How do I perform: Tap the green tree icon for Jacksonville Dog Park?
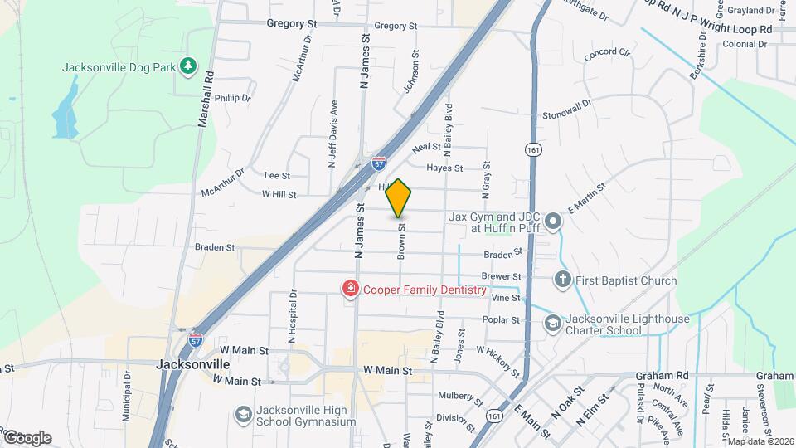(189, 65)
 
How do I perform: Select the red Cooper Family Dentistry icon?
(351, 289)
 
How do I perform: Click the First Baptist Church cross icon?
(563, 280)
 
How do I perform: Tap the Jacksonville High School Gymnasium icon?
(244, 414)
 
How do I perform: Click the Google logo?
(27, 437)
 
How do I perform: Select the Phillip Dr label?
(232, 98)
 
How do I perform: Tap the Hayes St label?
(444, 168)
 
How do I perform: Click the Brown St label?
(401, 241)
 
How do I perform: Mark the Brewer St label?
(501, 276)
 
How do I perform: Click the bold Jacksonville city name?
(193, 364)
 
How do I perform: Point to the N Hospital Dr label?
(293, 316)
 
